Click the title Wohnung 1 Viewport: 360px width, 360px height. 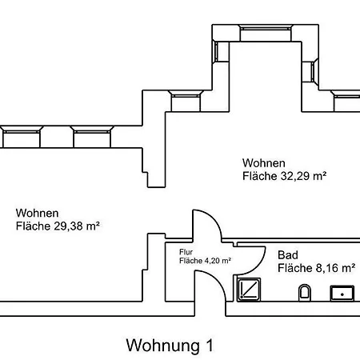(170, 346)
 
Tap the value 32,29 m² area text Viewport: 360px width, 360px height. (303, 176)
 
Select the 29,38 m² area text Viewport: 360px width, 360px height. (77, 226)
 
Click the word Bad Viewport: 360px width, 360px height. (288, 255)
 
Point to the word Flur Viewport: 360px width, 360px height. (186, 252)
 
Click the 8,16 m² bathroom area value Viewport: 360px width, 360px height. (335, 268)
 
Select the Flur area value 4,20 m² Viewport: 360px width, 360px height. (217, 261)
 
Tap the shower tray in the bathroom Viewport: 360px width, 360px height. (249, 290)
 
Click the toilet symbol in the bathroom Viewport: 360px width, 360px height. (305, 293)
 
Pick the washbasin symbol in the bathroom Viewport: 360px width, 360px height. (342, 294)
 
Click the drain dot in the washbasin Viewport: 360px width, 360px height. (342, 294)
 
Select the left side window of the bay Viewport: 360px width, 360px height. (215, 51)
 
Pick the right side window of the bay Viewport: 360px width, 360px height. (314, 72)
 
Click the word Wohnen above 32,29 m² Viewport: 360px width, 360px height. (264, 163)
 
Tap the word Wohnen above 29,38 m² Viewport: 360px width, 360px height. (37, 213)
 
